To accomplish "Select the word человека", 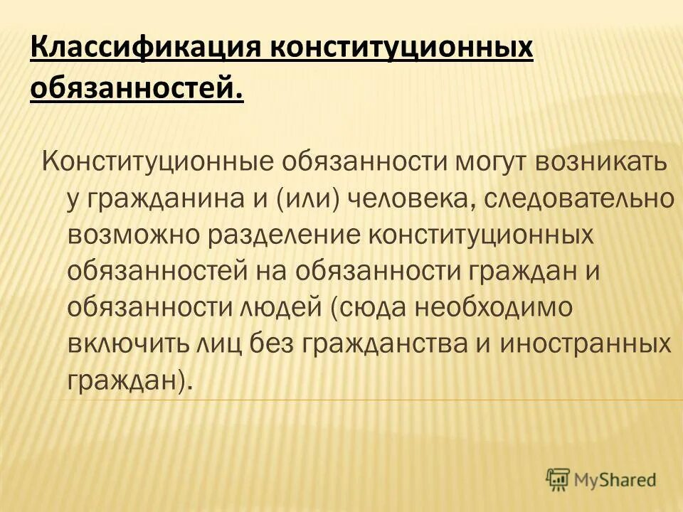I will tap(413, 198).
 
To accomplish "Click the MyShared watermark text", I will tap(616, 480).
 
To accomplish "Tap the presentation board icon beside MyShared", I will tap(558, 480).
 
